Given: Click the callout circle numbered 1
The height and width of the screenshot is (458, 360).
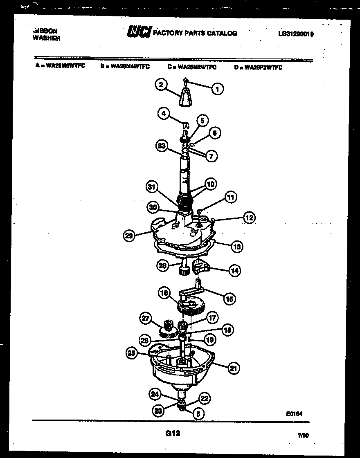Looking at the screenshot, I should pyautogui.click(x=218, y=88).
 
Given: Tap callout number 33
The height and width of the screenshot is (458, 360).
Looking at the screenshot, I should pyautogui.click(x=162, y=146).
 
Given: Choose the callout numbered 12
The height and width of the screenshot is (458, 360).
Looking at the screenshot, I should pyautogui.click(x=249, y=218).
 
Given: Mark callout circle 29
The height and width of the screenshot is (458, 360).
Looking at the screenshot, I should pyautogui.click(x=130, y=236).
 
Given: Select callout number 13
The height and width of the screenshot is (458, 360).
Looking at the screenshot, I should pyautogui.click(x=236, y=247).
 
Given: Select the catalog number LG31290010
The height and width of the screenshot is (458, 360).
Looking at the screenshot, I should pyautogui.click(x=295, y=34).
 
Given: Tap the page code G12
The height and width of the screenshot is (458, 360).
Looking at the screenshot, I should pyautogui.click(x=173, y=433).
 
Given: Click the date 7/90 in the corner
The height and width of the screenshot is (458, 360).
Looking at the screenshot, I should pyautogui.click(x=303, y=436).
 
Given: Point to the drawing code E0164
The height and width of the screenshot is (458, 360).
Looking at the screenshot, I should pyautogui.click(x=294, y=413).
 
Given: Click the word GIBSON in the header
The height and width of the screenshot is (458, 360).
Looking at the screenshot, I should pyautogui.click(x=45, y=31).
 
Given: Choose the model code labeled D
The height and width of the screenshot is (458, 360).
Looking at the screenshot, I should pyautogui.click(x=258, y=67).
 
